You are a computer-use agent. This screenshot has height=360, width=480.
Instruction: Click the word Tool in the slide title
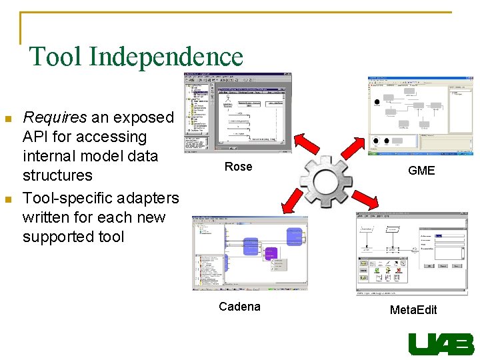pyautogui.click(x=55, y=57)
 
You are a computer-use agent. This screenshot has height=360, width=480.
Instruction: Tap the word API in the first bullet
pyautogui.click(x=36, y=137)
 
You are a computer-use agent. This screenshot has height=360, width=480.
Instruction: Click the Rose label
pyautogui.click(x=238, y=167)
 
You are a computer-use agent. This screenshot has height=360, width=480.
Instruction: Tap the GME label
pyautogui.click(x=421, y=171)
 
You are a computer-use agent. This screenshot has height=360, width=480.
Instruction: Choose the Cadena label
pyautogui.click(x=239, y=307)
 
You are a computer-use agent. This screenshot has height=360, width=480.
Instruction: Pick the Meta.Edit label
pyautogui.click(x=413, y=310)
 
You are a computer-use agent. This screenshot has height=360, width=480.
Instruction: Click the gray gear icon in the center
pyautogui.click(x=327, y=180)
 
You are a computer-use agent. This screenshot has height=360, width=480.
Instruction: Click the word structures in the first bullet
pyautogui.click(x=57, y=176)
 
